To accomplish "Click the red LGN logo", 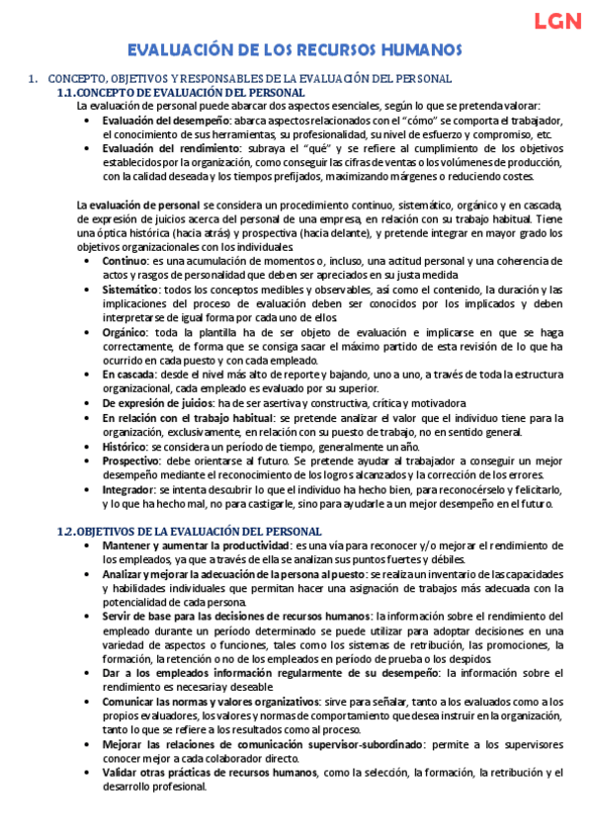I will coord(556,22).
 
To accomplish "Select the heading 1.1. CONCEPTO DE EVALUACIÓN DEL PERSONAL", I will coord(188,92).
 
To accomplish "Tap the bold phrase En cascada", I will coord(127,376).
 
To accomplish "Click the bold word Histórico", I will coord(126,447).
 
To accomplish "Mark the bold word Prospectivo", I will coord(131,461).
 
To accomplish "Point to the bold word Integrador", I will coord(128,489).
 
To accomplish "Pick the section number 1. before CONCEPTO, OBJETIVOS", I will coord(33,78).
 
